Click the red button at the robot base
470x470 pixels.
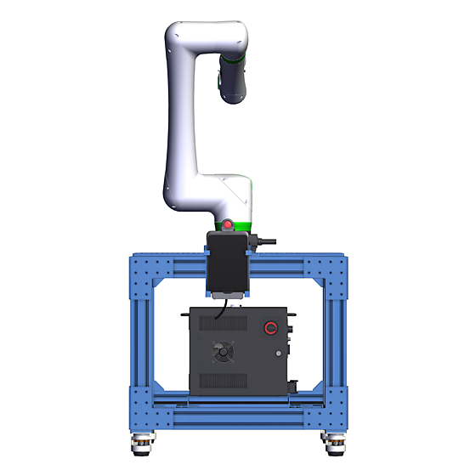(x=228, y=225)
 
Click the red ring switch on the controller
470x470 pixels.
(x=271, y=328)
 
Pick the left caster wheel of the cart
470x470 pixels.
(x=141, y=441)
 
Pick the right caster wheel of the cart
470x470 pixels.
(x=332, y=441)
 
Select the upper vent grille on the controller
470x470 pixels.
(x=224, y=324)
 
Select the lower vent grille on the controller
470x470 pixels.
(x=223, y=379)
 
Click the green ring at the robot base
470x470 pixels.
(x=235, y=225)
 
